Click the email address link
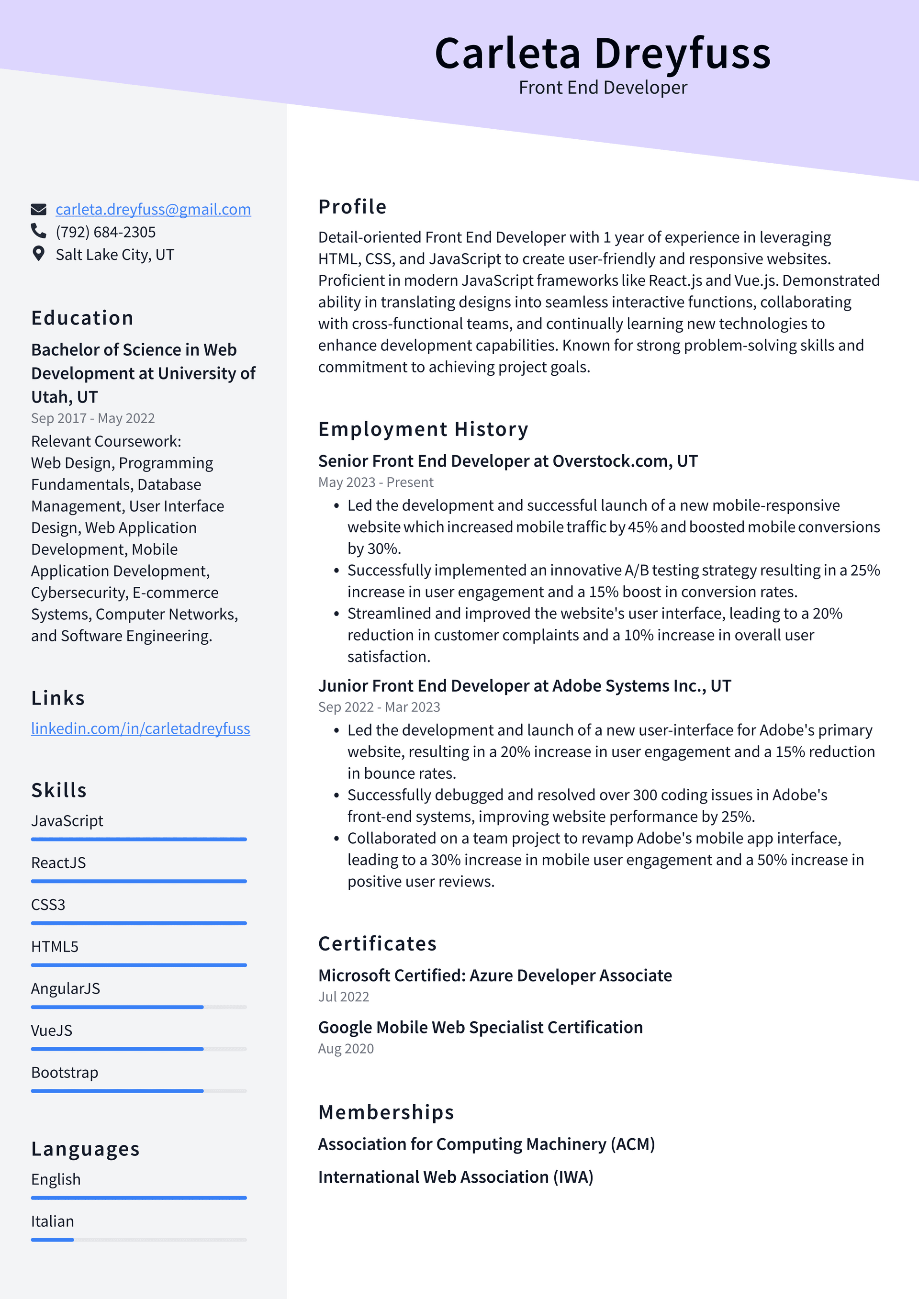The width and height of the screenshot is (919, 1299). [x=153, y=209]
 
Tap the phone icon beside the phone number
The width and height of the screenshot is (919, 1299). [x=38, y=231]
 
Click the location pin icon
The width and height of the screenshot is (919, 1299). [x=38, y=254]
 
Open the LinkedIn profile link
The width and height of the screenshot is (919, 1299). [x=140, y=728]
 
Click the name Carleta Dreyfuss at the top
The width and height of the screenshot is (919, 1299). [x=602, y=54]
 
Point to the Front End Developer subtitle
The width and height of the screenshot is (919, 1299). [x=603, y=88]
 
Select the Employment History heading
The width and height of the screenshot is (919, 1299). [x=423, y=429]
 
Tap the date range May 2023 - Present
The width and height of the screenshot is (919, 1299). [x=376, y=482]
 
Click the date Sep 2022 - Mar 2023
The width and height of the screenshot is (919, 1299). [x=379, y=707]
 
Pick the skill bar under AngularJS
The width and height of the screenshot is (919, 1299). [x=139, y=1007]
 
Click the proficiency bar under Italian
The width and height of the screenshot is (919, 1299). [x=139, y=1240]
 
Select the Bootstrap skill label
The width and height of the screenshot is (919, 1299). [x=65, y=1073]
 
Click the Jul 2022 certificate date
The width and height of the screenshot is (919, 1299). [x=344, y=997]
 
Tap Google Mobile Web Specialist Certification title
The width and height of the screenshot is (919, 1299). [x=480, y=1028]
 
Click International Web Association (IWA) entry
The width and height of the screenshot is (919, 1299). [x=455, y=1177]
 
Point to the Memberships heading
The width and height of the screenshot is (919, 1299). [x=386, y=1112]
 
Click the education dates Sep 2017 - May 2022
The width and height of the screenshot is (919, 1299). [x=93, y=419]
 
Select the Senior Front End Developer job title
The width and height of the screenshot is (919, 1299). [x=507, y=461]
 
